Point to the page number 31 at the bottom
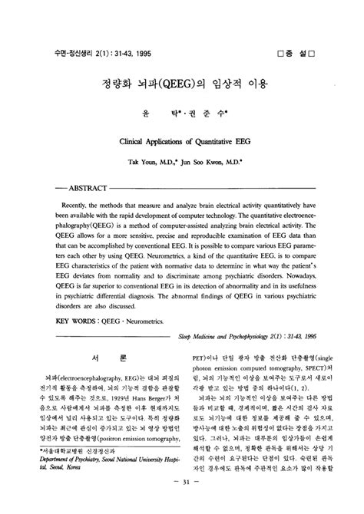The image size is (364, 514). pos(181,503)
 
